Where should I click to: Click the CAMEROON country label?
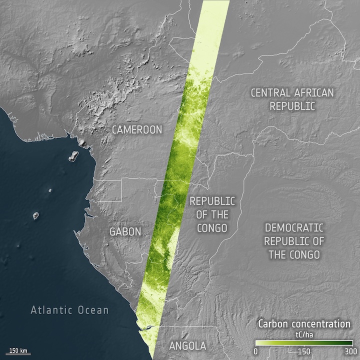pos(137,130)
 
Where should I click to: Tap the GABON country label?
pos(125,231)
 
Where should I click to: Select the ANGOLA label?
pos(187,346)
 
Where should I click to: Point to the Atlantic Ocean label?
pos(69,310)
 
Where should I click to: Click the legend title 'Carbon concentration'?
pos(304,324)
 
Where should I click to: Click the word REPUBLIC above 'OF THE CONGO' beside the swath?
pos(211,201)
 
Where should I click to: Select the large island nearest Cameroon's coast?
pos(73,156)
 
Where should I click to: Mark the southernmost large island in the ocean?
pos(36,215)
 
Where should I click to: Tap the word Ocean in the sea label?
pos(92,310)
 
